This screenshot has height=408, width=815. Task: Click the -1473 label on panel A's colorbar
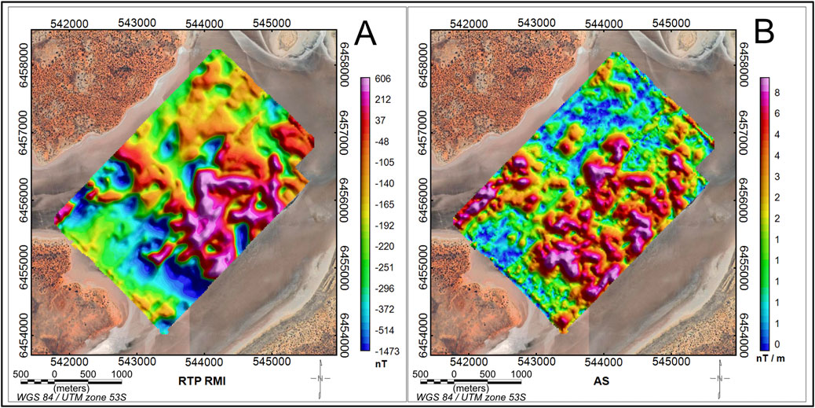click(x=386, y=345)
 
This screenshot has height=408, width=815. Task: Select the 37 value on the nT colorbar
click(x=380, y=120)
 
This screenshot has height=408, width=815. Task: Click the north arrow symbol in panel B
click(x=719, y=380)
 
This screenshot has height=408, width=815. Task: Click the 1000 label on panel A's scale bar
click(x=122, y=374)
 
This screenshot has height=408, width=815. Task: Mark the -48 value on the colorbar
click(x=382, y=142)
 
